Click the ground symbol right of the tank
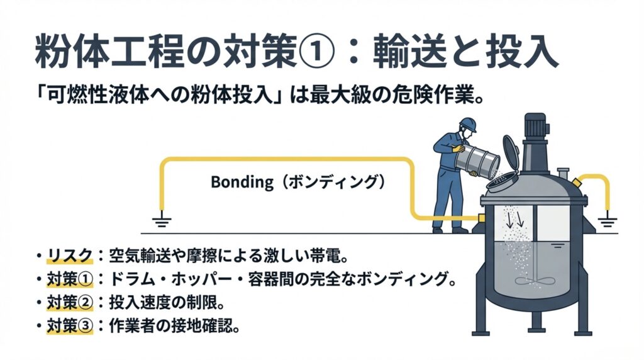608,222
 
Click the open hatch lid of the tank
511,151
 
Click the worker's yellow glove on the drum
457,149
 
